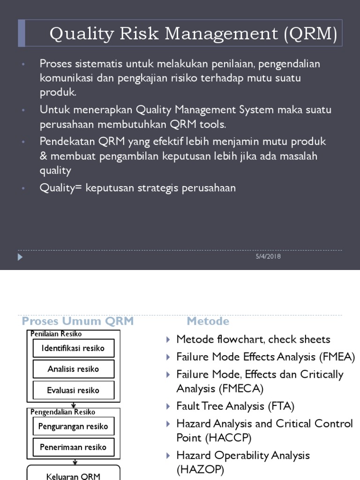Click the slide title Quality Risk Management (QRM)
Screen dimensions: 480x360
[x=193, y=34]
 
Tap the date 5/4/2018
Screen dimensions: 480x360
[x=269, y=256]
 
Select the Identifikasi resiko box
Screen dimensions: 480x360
[x=73, y=348]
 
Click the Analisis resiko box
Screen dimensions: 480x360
[x=73, y=369]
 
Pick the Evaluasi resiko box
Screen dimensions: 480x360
[x=73, y=390]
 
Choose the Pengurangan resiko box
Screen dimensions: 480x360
[x=73, y=426]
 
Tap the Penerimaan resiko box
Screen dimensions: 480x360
[x=73, y=447]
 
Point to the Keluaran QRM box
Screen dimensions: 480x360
[x=73, y=474]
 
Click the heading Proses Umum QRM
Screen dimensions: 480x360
[x=78, y=321]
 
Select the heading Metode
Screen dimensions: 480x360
[x=208, y=321]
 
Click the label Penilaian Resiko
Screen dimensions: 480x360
[x=56, y=334]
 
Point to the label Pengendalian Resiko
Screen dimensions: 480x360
[x=63, y=412]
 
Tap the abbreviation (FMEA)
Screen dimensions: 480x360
[x=337, y=357]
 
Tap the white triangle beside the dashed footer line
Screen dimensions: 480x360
[x=20, y=257]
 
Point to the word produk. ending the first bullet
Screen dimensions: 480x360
[x=58, y=92]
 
